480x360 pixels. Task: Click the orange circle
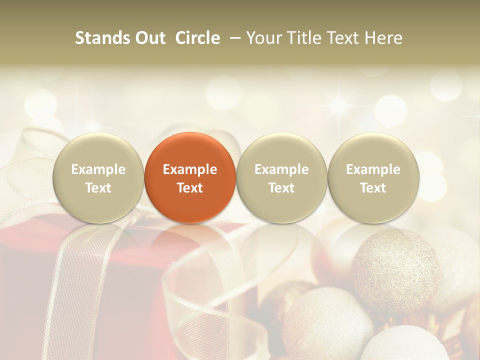point(189,177)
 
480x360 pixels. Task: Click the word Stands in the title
point(102,38)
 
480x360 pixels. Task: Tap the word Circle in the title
point(197,38)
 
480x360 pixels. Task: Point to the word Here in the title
point(383,38)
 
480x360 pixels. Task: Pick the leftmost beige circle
point(98,177)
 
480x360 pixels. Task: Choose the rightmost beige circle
point(373,177)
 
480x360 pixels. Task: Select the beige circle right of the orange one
point(281,177)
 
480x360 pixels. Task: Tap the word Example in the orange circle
point(190,169)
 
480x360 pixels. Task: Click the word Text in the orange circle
point(190,188)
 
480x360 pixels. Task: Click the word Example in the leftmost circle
point(98,169)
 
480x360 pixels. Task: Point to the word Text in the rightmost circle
point(373,188)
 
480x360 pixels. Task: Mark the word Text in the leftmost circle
point(98,188)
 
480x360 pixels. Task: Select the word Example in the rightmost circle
point(373,169)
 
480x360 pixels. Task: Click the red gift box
point(125,280)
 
